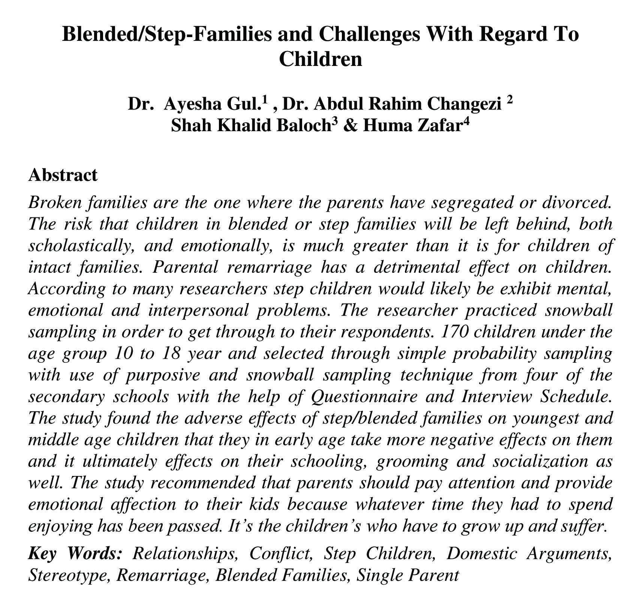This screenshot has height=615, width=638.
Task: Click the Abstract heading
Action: (63, 175)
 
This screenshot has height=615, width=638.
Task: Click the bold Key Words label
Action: (75, 554)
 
